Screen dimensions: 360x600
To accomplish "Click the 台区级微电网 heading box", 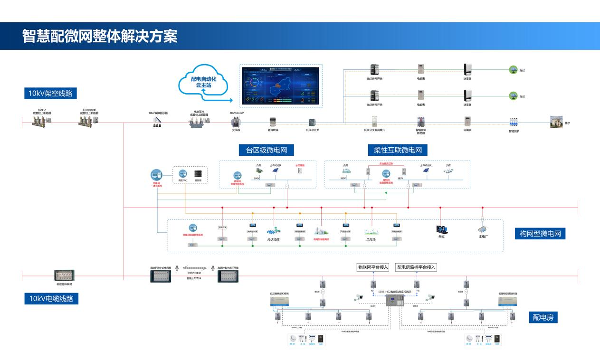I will click(x=267, y=150).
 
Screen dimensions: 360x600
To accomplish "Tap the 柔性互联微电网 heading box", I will click(x=395, y=150).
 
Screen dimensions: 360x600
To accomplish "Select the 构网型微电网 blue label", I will click(x=540, y=234).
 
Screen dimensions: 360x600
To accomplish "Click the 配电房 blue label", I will click(x=543, y=318).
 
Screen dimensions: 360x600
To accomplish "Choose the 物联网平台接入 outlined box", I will click(x=373, y=267).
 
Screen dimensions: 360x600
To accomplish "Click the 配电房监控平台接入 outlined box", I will click(x=416, y=267).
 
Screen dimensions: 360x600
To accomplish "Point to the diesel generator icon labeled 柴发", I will click(x=440, y=229).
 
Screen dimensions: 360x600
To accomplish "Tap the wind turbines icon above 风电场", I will click(x=371, y=231).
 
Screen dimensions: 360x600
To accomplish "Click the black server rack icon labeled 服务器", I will click(x=198, y=173).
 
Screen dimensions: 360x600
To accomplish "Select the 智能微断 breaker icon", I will click(x=514, y=122).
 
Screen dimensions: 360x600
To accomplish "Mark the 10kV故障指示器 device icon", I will click(x=156, y=122).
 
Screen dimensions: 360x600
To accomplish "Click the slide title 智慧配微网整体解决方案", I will click(x=100, y=36).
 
